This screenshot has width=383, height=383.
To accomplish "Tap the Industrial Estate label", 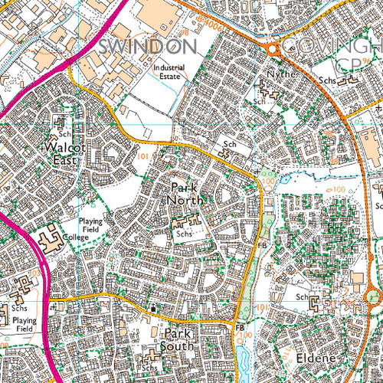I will coord(169,70).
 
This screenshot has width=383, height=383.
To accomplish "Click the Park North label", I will coord(188,193).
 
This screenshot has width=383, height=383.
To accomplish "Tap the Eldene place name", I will coord(309,358).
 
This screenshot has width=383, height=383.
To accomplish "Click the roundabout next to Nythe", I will coord(272,49).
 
